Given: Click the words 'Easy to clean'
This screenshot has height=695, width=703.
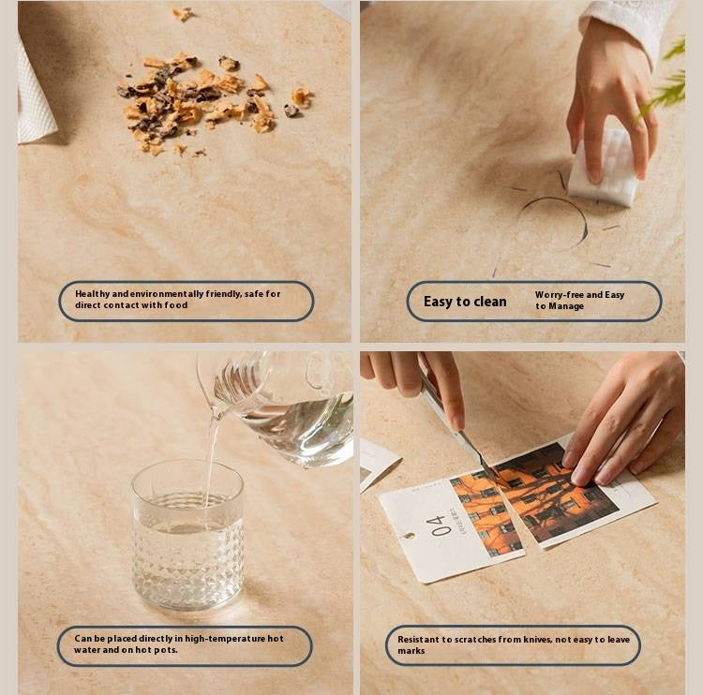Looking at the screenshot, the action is pyautogui.click(x=465, y=302).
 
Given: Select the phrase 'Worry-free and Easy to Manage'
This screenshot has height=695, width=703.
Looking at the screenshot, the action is pyautogui.click(x=579, y=301).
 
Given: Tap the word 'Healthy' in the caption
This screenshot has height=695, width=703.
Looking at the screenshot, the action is pyautogui.click(x=93, y=294).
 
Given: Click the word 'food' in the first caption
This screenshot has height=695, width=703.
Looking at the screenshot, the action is pyautogui.click(x=176, y=305).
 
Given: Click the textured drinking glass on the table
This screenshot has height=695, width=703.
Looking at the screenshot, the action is pyautogui.click(x=187, y=536).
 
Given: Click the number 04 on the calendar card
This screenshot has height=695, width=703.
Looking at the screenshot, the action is pyautogui.click(x=436, y=525).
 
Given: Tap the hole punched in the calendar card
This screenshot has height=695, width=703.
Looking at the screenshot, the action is pyautogui.click(x=409, y=536).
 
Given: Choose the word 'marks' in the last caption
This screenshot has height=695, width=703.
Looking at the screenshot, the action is pyautogui.click(x=411, y=651).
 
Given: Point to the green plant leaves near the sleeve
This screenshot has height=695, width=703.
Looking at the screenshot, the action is pyautogui.click(x=666, y=81).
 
